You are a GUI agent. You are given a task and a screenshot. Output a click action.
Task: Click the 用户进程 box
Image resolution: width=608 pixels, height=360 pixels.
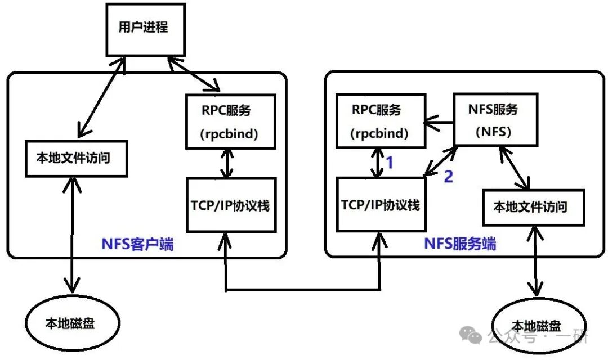143,28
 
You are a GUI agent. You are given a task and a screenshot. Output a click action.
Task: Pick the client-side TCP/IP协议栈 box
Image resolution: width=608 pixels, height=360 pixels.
231,205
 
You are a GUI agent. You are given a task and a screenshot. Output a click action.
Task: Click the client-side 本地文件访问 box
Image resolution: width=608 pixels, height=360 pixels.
75,159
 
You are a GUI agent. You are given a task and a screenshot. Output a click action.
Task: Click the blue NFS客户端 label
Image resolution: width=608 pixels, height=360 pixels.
137,245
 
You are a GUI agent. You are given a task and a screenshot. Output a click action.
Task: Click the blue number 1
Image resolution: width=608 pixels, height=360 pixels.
388,164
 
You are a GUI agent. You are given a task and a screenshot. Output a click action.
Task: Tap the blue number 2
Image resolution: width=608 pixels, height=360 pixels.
448,177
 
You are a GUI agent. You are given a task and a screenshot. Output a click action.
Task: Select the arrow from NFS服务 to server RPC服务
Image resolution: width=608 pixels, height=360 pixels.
439,121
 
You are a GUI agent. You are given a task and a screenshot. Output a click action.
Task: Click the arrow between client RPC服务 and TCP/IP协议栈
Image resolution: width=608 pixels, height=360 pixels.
226,164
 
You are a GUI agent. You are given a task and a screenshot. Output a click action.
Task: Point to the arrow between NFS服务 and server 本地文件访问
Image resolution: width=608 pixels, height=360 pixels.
512,166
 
